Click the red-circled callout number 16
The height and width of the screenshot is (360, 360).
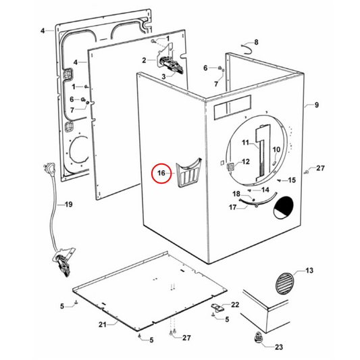(x=161, y=174)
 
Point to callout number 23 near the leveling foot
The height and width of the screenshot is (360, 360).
(x=278, y=348)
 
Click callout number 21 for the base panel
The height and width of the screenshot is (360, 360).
(x=103, y=325)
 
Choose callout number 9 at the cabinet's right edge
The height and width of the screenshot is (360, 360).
(x=316, y=105)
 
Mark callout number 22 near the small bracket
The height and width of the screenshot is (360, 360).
(x=236, y=305)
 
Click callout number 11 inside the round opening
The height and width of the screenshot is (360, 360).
(x=247, y=143)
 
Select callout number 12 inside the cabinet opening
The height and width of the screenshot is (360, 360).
(x=246, y=162)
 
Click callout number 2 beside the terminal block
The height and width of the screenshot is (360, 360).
(x=143, y=60)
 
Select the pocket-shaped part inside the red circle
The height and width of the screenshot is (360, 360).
(x=188, y=170)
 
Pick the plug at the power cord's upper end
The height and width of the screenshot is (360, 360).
(x=49, y=166)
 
